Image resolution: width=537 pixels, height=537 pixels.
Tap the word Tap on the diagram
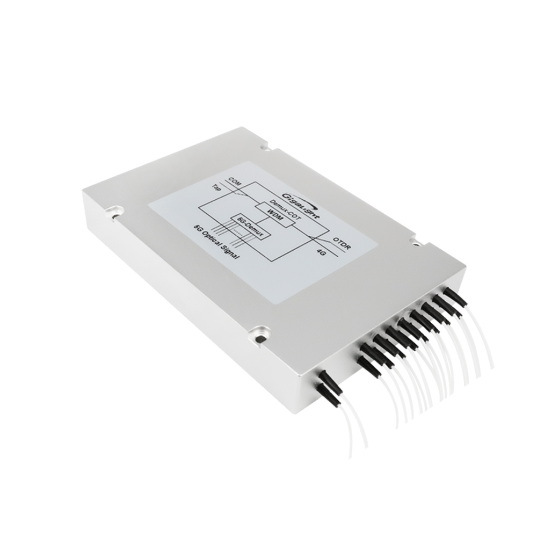pos(217,189)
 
